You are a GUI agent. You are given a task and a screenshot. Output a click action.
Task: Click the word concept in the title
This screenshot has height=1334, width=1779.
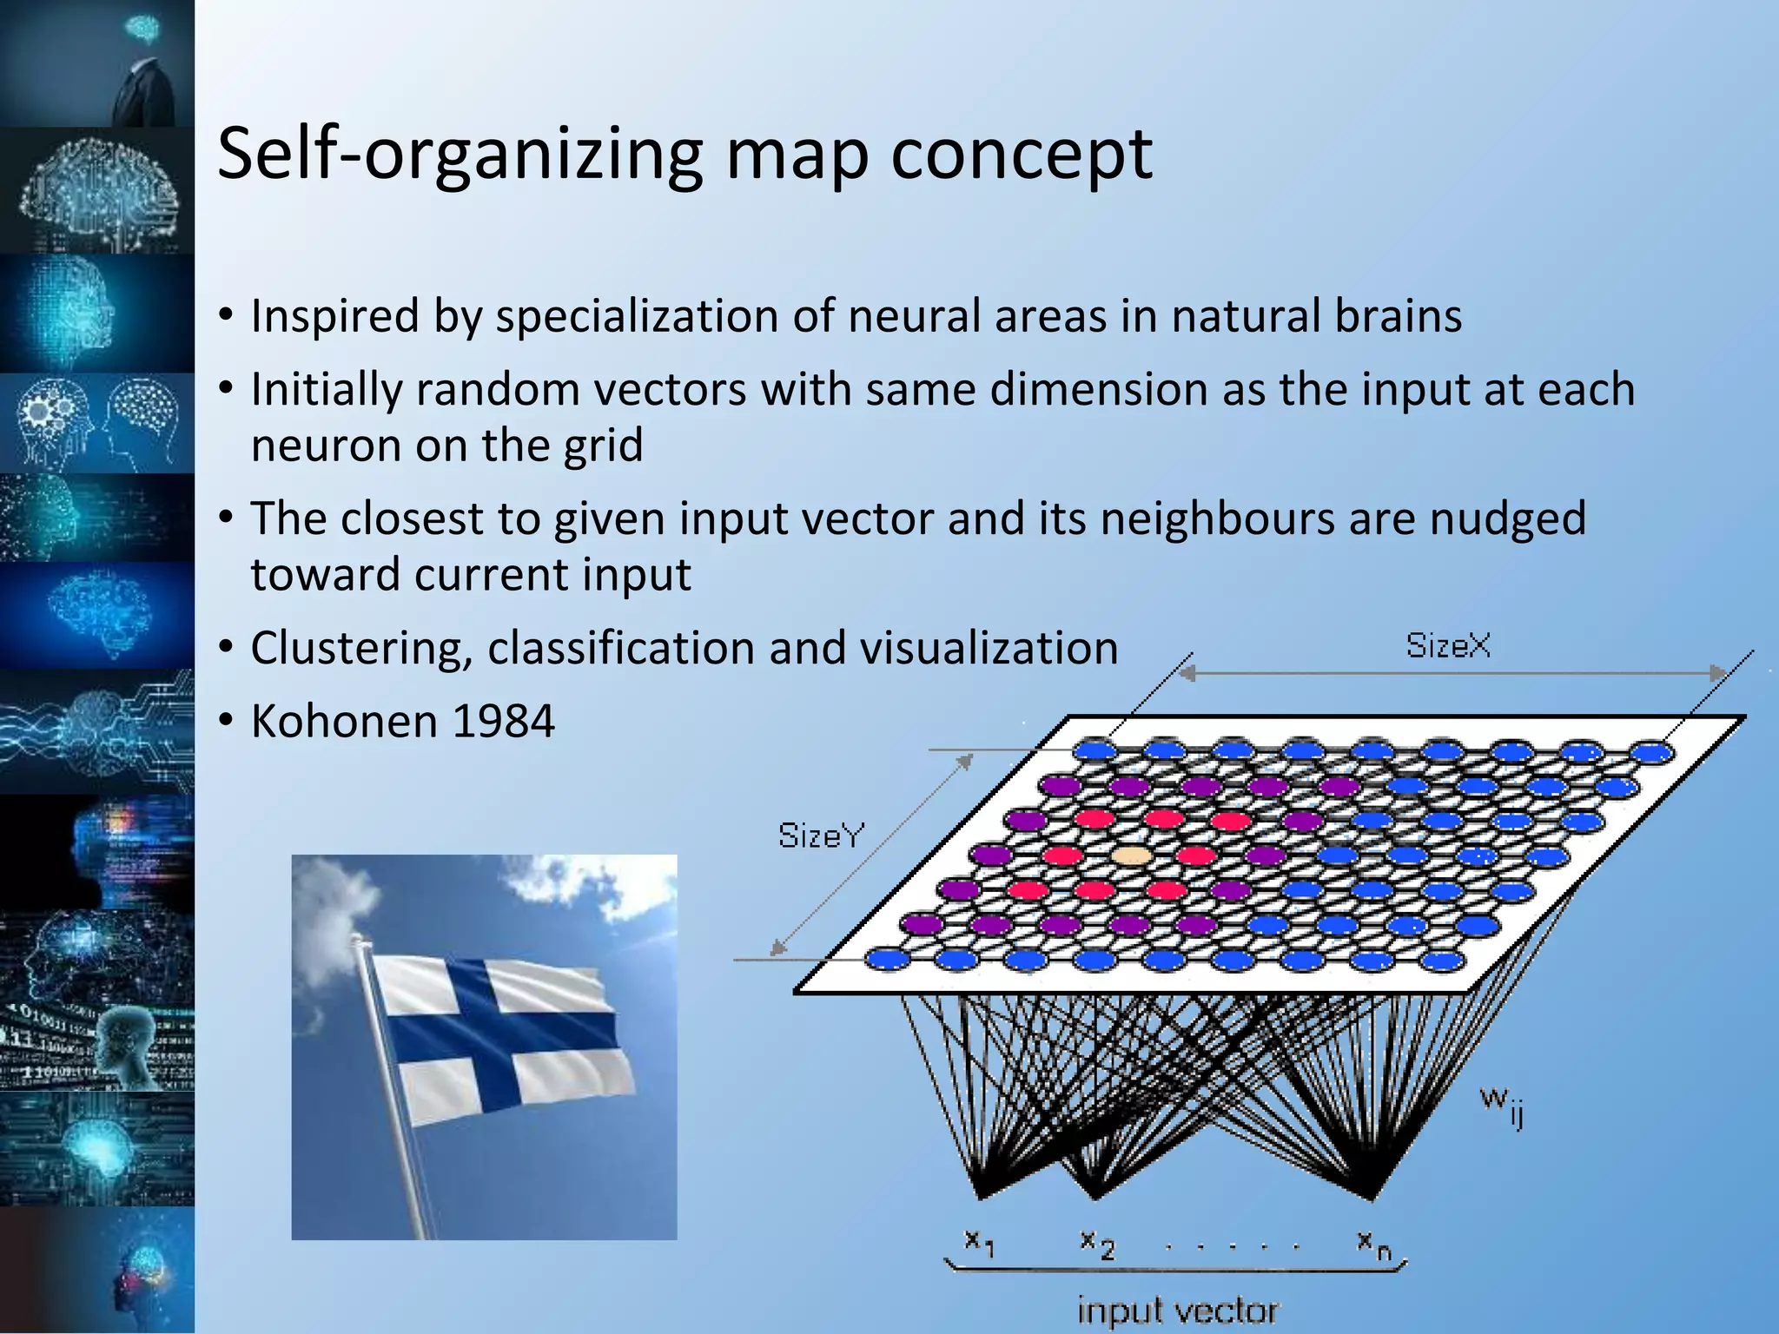tap(1022, 155)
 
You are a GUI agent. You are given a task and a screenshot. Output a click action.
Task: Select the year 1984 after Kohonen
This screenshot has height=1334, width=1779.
tap(503, 721)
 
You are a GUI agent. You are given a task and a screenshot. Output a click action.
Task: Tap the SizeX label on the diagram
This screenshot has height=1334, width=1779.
tap(1448, 646)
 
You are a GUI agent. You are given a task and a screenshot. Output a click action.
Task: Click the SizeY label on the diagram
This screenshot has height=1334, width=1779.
tap(821, 835)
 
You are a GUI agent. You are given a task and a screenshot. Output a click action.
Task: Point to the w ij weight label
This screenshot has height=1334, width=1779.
tap(1501, 1105)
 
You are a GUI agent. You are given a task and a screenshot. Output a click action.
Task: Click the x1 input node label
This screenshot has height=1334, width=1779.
tap(979, 1243)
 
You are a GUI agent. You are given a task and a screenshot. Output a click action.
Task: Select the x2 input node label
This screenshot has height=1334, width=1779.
tap(1096, 1244)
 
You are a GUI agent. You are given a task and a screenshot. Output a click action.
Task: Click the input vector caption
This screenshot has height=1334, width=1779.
tap(1177, 1310)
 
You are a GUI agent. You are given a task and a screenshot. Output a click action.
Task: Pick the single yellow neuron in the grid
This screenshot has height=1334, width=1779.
tap(1132, 856)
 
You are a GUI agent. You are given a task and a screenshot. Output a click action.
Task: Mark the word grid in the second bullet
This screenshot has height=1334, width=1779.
tap(603, 446)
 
